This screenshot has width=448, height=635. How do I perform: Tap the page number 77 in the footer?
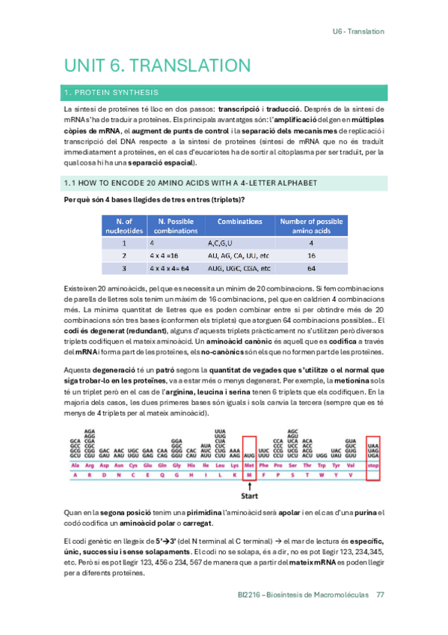click(381, 595)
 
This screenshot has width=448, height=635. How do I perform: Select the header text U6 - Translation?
click(358, 31)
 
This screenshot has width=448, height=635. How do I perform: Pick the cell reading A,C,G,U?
click(221, 243)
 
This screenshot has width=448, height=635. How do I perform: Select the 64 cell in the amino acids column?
click(311, 267)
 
